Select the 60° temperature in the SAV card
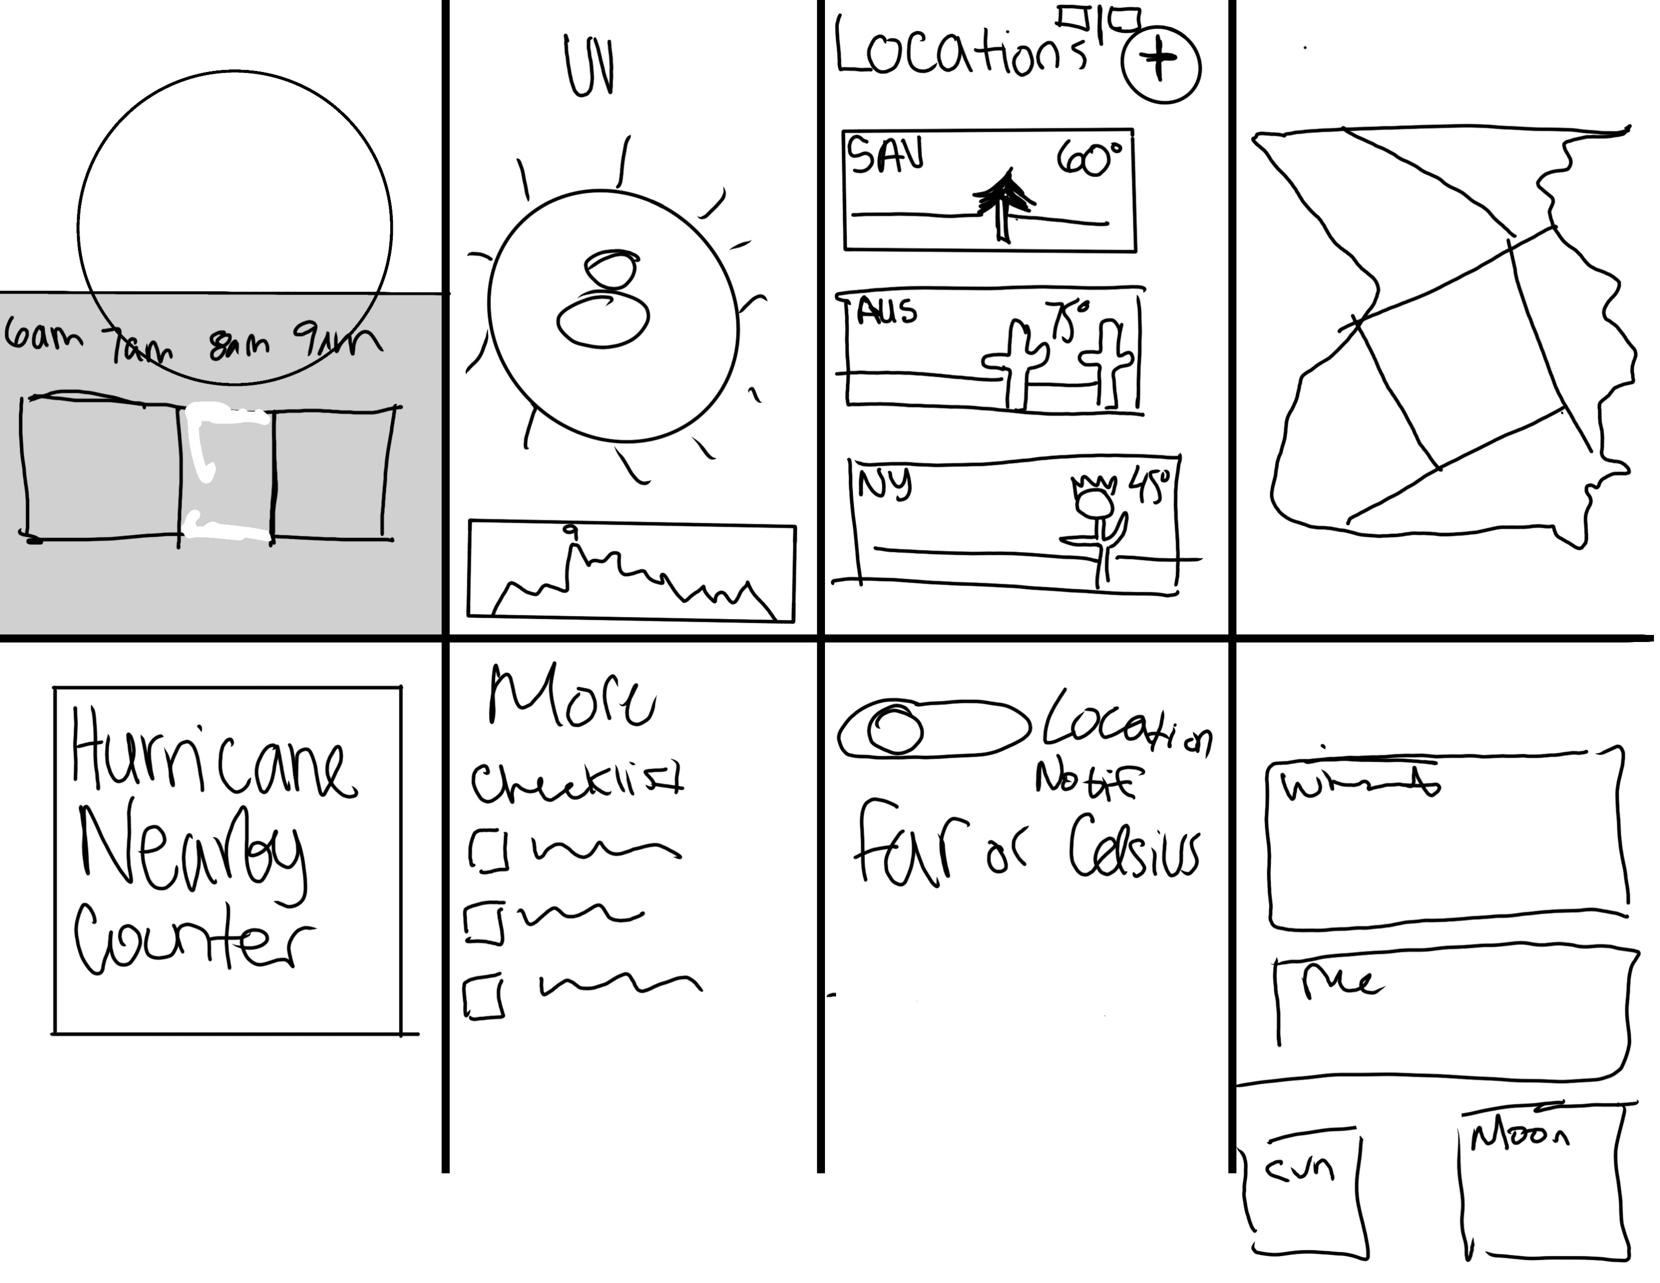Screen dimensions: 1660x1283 (x=1088, y=159)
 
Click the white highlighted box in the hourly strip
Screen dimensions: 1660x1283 (x=227, y=473)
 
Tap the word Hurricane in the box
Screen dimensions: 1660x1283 (x=213, y=754)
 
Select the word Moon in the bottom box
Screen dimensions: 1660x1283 (x=1518, y=1138)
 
